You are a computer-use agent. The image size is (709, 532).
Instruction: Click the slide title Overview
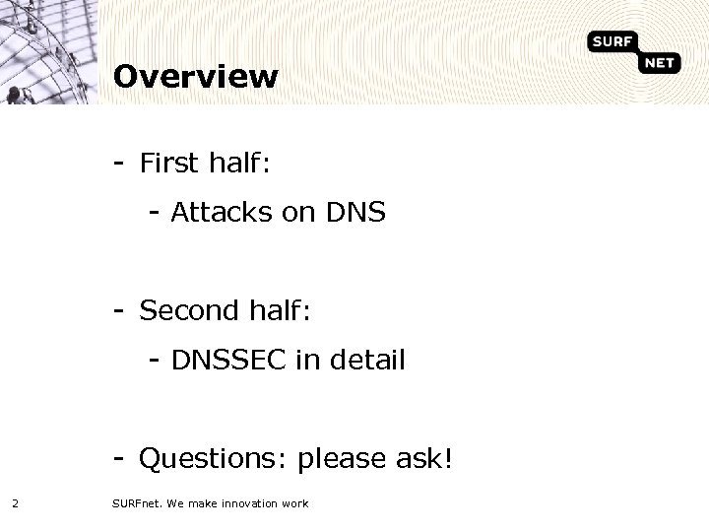coord(196,76)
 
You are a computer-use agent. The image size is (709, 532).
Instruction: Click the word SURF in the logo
coord(612,41)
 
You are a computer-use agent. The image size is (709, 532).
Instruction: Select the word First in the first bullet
coord(171,163)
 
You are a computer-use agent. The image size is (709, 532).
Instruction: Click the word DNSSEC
coord(228,361)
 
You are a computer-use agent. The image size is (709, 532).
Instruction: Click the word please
coord(338,459)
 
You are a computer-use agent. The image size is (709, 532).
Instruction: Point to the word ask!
coord(420,458)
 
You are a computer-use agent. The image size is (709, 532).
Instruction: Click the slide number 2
coord(15,503)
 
